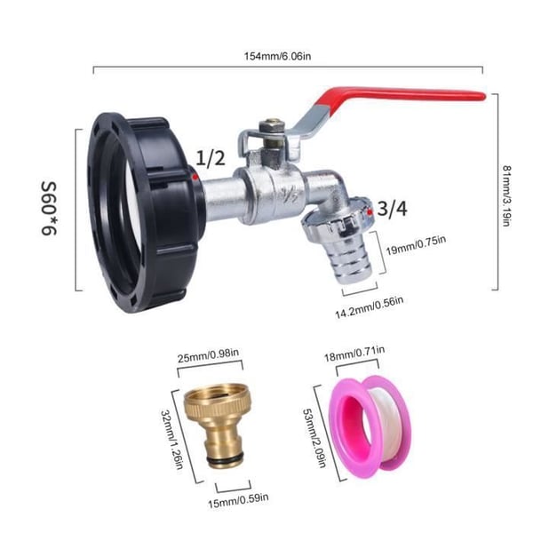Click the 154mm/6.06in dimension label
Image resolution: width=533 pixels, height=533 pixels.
click(277, 56)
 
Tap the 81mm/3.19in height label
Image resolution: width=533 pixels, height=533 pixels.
click(506, 195)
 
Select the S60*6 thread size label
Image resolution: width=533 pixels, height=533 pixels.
click(50, 209)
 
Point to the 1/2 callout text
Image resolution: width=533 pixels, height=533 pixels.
click(211, 158)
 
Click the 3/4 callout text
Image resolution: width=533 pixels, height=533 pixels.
click(393, 209)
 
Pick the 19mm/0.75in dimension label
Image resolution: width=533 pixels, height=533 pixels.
click(416, 245)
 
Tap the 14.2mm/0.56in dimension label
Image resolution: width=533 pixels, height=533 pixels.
click(370, 307)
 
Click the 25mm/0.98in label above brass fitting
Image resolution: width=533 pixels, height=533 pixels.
click(208, 354)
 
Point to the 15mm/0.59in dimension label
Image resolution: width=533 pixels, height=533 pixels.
click(238, 501)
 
